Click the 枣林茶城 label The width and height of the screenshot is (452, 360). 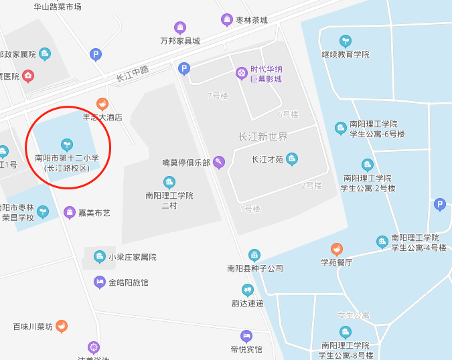point(251,20)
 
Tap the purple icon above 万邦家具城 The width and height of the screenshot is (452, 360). point(180,27)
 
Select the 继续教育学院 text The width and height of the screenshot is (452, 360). point(346,54)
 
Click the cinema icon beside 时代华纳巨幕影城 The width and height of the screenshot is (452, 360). point(241,73)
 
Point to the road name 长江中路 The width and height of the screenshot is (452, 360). point(132,73)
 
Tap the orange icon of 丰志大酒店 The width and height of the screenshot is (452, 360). point(102,104)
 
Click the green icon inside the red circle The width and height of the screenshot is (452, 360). point(66,144)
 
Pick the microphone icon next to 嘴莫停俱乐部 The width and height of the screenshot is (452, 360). point(218,163)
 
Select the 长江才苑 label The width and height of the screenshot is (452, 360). point(267,159)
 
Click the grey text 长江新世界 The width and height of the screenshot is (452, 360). point(263,137)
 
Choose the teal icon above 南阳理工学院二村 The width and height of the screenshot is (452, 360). point(169,182)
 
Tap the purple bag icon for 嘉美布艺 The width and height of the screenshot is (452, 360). point(69,213)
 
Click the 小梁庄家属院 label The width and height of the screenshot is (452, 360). point(133,257)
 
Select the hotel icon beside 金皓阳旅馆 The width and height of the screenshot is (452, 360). point(100,282)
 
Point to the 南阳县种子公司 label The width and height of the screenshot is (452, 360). point(255,268)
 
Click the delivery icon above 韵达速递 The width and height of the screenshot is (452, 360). point(248,290)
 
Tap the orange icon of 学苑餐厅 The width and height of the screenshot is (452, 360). point(337,249)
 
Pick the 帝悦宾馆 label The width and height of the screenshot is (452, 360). point(246,349)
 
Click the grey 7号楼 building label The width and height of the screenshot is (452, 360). point(218,96)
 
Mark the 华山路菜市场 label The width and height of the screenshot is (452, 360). point(58,7)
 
